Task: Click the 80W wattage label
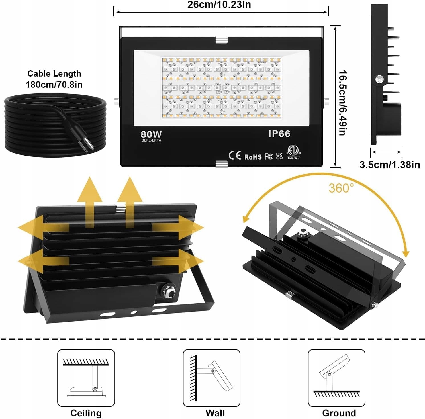coord(151,134)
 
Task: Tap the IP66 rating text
coord(279,134)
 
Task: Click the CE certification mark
coord(235,156)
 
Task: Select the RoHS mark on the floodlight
coord(253,157)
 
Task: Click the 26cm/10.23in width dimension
coord(219,5)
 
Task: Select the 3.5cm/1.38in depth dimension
coord(389,165)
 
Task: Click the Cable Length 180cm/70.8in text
coord(54,79)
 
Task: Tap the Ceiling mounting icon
coord(86,378)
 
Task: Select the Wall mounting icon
coord(211,378)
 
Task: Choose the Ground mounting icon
coord(336,378)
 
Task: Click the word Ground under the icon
coord(339,413)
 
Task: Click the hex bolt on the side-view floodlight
coord(379,79)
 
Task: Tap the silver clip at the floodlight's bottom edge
coord(222,164)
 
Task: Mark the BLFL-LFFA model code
coord(151,140)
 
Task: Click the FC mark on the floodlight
coord(268,156)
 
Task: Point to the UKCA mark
coord(279,156)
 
